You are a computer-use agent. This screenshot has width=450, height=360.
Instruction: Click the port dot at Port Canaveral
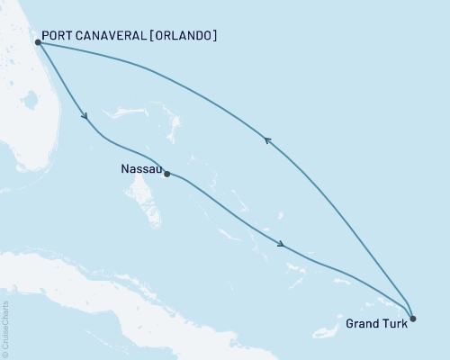[38, 41]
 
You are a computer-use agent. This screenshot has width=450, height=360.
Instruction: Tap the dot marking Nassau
[167, 174]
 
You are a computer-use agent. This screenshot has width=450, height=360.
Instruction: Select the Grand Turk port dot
[412, 318]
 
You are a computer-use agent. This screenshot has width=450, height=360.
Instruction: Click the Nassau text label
[140, 167]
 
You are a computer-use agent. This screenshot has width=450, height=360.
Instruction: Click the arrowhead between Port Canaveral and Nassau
[85, 115]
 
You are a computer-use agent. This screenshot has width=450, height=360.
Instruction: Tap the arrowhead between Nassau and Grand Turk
[283, 244]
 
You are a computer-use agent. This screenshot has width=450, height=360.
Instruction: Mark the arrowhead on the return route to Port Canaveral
[265, 139]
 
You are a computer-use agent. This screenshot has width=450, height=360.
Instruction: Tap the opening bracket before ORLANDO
[154, 36]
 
